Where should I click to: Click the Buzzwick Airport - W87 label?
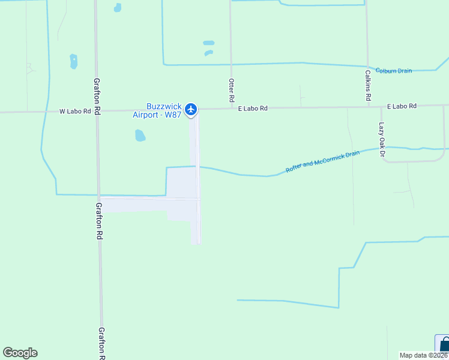pyautogui.click(x=157, y=110)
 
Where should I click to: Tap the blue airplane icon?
pyautogui.click(x=191, y=109)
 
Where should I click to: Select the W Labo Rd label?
pyautogui.click(x=74, y=111)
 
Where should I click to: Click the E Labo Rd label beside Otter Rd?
pyautogui.click(x=252, y=109)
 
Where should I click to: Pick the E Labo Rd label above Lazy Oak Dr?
pyautogui.click(x=402, y=106)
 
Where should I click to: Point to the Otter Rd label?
pyautogui.click(x=231, y=89)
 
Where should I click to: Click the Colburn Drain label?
pyautogui.click(x=394, y=71)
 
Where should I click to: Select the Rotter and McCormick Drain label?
pyautogui.click(x=322, y=162)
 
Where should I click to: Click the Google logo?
pyautogui.click(x=20, y=353)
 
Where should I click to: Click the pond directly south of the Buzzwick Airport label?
pyautogui.click(x=140, y=135)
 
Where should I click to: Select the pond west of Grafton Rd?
pyautogui.click(x=73, y=61)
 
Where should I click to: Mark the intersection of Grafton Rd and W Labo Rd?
pyautogui.click(x=96, y=111)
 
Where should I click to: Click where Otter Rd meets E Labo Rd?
pyautogui.click(x=231, y=109)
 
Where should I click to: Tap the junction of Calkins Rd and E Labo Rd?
pyautogui.click(x=367, y=107)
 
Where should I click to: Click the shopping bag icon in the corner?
pyautogui.click(x=443, y=344)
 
